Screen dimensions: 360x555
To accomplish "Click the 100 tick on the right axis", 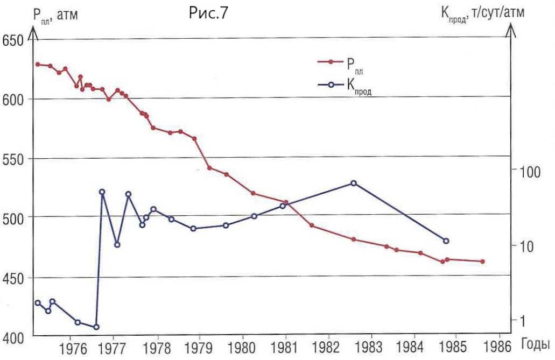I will pyautogui.click(x=529, y=173).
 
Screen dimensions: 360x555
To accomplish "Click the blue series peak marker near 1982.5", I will pyautogui.click(x=354, y=183).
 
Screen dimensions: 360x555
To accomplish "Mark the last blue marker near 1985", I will pyautogui.click(x=446, y=241).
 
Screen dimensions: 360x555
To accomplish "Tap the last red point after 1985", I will pyautogui.click(x=482, y=262).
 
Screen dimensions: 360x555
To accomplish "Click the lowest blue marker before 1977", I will pyautogui.click(x=96, y=327).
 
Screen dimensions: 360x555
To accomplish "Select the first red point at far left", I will pyautogui.click(x=38, y=64).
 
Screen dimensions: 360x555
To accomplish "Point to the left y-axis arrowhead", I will pyautogui.click(x=34, y=33).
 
